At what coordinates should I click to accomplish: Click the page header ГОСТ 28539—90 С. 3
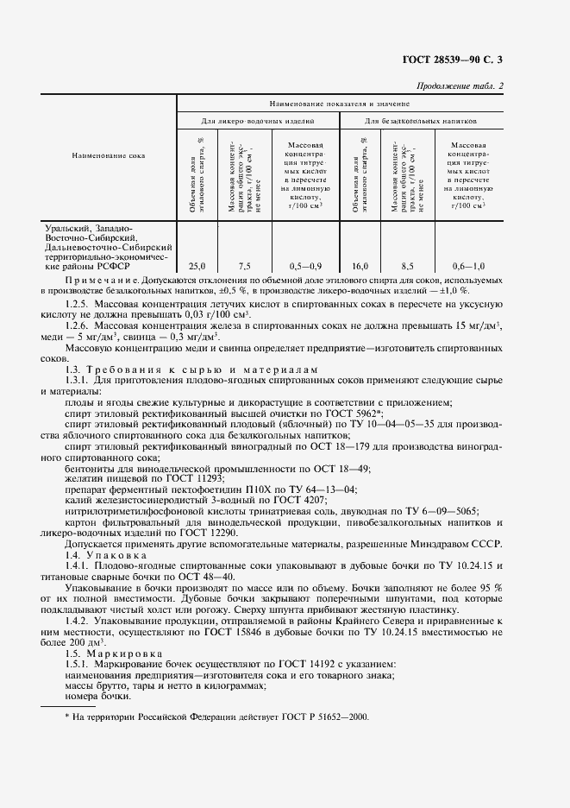462,60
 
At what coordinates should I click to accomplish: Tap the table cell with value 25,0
197,266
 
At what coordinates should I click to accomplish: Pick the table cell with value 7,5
244,266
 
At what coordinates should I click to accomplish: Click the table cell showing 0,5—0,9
305,266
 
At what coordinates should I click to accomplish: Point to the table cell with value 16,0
360,266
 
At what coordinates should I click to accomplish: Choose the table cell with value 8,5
408,266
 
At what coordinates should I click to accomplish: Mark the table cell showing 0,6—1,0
468,266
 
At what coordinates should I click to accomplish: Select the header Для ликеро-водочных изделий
258,122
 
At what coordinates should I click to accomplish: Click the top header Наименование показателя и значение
339,102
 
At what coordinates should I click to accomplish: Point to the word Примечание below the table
101,281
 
